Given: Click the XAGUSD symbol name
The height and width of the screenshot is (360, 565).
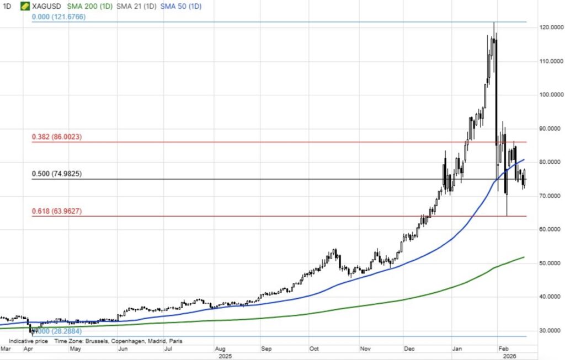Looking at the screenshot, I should pos(47,6).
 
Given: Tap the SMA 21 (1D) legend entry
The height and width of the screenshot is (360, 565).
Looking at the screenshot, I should pos(135,6).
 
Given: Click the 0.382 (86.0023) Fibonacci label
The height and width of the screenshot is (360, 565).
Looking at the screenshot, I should pos(57,137).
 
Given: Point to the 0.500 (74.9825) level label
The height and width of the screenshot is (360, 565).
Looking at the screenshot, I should pos(57,174).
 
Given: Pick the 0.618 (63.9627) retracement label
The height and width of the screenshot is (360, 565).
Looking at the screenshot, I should pos(57,211).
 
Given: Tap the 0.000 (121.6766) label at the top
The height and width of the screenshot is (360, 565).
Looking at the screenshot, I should pos(58,17).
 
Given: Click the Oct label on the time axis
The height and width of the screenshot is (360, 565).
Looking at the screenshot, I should pos(315,349).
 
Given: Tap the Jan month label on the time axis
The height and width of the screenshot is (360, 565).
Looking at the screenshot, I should pos(456,349).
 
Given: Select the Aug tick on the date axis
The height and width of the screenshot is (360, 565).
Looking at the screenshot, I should pos(220,349).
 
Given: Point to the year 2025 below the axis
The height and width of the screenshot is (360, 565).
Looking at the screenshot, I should pos(225,356).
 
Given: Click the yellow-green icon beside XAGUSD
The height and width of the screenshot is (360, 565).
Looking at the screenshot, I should pos(25,6).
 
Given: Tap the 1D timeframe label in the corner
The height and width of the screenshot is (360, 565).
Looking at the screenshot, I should pos(7,6).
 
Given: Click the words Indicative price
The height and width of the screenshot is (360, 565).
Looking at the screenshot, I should pos(28,341).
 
